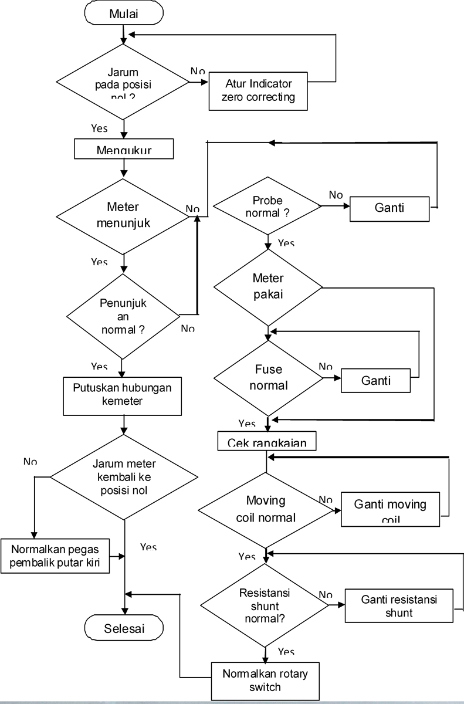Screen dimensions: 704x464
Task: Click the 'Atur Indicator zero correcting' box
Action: point(258,90)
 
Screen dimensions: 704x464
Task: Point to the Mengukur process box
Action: point(124,149)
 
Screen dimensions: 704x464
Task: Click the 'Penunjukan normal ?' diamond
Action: point(123,317)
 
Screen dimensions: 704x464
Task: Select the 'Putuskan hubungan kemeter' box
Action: point(123,394)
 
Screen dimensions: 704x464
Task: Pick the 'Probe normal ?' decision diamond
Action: point(267,207)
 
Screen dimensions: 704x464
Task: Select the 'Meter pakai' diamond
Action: point(268,287)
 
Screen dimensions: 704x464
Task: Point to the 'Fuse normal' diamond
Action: point(268,378)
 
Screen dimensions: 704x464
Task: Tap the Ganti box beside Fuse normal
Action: point(376,380)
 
